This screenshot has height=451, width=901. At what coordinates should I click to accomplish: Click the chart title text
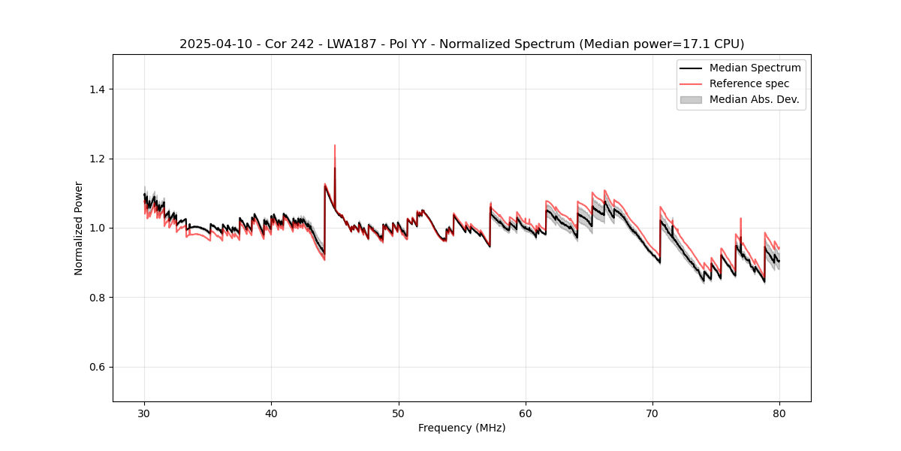point(462,44)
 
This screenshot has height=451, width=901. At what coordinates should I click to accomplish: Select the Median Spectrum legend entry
point(755,68)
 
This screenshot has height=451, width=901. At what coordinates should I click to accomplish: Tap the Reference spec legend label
point(749,83)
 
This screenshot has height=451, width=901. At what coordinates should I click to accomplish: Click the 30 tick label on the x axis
point(144,413)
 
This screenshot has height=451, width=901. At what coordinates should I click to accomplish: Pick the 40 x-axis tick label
point(271,413)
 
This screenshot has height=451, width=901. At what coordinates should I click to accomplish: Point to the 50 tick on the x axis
point(399,413)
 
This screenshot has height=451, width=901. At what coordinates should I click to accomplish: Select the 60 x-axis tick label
point(526,413)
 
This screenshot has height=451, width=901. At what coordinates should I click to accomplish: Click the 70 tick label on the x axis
point(652,413)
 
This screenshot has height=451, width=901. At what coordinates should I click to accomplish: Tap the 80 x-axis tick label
point(779,413)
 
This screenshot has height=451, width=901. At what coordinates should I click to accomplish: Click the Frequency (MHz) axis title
point(462,428)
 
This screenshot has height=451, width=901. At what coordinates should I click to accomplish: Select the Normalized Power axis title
point(79,228)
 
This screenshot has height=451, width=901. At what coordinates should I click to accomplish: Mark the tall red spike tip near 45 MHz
point(335,146)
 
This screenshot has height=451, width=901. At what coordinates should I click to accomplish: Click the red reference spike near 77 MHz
point(741,219)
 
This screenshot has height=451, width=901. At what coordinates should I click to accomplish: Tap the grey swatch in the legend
point(691,99)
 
